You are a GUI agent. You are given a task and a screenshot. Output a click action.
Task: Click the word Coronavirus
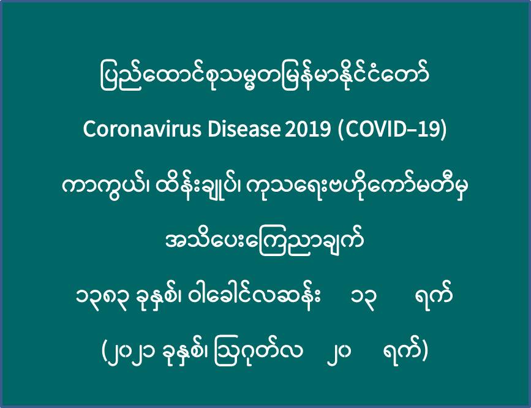[x=142, y=129]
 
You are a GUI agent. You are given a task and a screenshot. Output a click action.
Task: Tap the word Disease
[x=244, y=129]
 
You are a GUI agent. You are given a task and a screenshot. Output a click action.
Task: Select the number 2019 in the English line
[x=307, y=129]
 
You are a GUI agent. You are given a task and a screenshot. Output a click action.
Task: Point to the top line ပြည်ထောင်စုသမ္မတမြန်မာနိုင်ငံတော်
[x=265, y=75]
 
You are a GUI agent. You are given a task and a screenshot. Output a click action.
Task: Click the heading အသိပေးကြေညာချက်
[x=265, y=241]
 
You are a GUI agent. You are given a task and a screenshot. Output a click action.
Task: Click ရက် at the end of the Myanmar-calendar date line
[x=434, y=294]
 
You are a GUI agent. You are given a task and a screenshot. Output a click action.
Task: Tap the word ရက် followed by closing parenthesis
[x=402, y=350]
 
